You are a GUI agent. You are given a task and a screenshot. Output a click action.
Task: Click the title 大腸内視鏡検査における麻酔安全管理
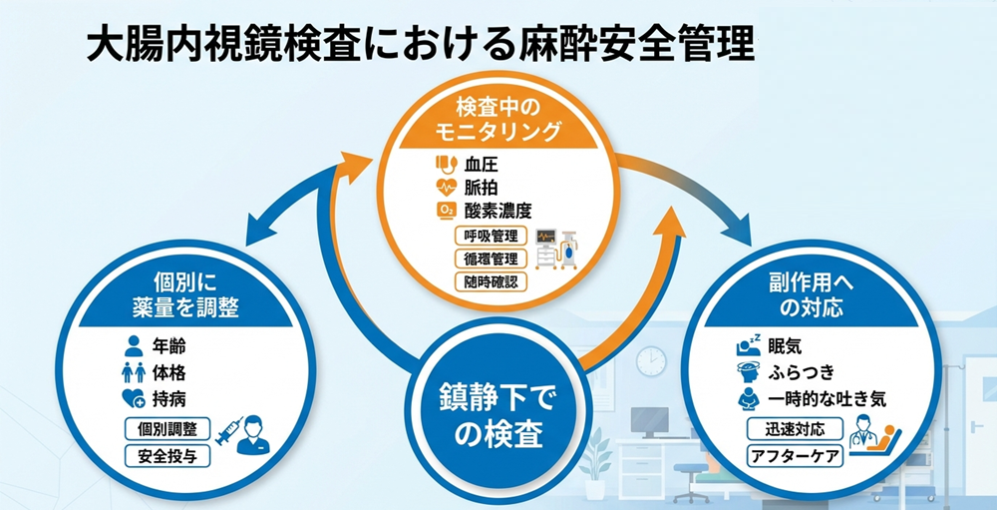click(x=419, y=44)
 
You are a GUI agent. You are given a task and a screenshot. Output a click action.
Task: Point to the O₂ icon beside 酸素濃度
click(x=445, y=210)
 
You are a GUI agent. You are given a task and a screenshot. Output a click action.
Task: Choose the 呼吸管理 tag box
click(x=487, y=237)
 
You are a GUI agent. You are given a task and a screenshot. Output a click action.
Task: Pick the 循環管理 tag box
click(x=487, y=258)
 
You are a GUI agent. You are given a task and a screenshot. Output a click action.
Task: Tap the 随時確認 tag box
click(x=487, y=280)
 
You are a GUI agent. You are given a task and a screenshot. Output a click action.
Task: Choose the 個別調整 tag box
click(x=167, y=429)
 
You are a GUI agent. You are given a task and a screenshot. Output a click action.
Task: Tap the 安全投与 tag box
click(x=167, y=456)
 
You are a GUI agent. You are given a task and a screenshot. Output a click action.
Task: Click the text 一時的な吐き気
click(x=827, y=398)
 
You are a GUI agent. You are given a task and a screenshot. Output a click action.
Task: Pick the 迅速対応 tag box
click(x=793, y=430)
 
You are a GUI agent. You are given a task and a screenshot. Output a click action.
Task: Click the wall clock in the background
click(x=651, y=360)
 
